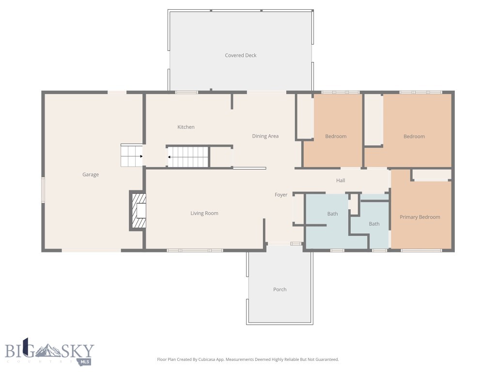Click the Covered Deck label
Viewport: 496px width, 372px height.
click(x=241, y=55)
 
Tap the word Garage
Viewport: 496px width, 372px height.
click(x=91, y=174)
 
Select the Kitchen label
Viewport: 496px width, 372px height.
click(x=186, y=127)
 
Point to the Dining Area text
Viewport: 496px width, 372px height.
click(x=265, y=136)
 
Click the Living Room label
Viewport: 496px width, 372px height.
click(x=204, y=213)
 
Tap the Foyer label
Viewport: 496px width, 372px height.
click(x=281, y=195)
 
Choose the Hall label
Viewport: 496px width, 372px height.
click(x=341, y=181)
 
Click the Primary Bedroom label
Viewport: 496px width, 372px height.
click(x=420, y=217)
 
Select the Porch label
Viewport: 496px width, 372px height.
click(x=280, y=289)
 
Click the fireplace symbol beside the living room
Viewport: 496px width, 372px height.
click(x=138, y=211)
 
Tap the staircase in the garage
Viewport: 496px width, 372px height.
click(x=131, y=156)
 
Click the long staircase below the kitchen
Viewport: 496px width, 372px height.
click(x=188, y=156)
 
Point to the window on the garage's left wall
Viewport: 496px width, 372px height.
click(x=43, y=190)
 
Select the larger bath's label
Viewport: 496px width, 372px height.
click(x=332, y=214)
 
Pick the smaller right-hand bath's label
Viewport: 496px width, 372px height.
click(x=374, y=224)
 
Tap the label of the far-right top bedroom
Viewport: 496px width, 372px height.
click(x=414, y=137)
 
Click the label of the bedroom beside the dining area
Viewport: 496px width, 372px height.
click(x=336, y=137)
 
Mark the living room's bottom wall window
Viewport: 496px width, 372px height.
click(x=195, y=250)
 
